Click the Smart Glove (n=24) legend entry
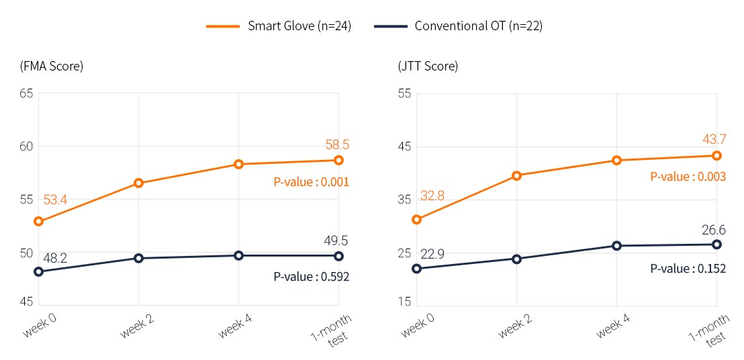pos(279,26)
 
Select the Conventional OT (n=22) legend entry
pos(456,26)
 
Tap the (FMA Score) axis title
pos(52,66)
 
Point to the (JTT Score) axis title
pos(428,66)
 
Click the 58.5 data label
pos(337,145)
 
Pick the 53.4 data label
pos(55,199)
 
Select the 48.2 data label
pos(55,257)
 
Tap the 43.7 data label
pos(715,140)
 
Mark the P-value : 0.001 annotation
pos(311,182)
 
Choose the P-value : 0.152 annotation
pos(688,269)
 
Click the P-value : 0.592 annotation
pos(311,277)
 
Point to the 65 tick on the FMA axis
pos(26,93)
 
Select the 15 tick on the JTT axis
pos(404,302)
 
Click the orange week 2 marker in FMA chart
pos(138,183)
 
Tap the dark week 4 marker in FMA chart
pos(238,255)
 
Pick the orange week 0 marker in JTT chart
pos(416,219)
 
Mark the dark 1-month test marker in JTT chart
pos(716,244)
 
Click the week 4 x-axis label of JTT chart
pos(612,326)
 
